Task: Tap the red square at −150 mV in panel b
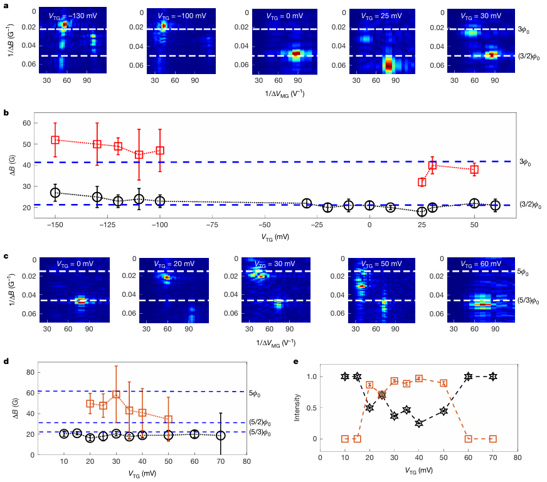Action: (55, 140)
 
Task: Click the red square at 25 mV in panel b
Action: (422, 182)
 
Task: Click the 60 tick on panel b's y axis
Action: (26, 123)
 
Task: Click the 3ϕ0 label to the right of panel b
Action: (526, 162)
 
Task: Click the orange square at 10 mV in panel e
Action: (344, 439)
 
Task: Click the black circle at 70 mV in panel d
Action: (220, 435)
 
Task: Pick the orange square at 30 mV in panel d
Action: (116, 394)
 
